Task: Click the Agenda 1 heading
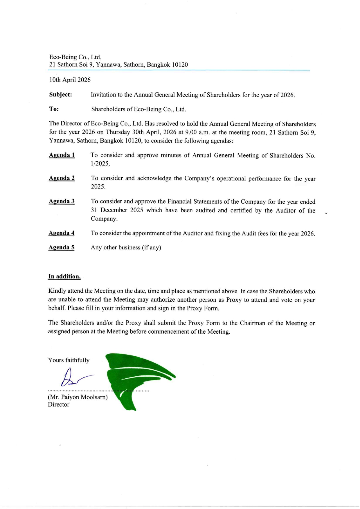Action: (x=62, y=155)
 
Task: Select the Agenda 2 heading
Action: (x=62, y=178)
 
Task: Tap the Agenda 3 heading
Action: (x=62, y=201)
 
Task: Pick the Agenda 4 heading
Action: (x=61, y=233)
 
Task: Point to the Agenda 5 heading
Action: (x=61, y=247)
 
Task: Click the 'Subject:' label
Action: (x=60, y=95)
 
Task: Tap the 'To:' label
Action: (x=54, y=109)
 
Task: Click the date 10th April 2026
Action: (x=70, y=80)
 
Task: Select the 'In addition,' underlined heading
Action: (x=64, y=276)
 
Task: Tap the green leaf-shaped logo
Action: (x=136, y=377)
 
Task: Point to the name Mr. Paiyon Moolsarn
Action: (x=78, y=397)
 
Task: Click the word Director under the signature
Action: (x=59, y=404)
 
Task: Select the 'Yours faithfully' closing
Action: (x=69, y=360)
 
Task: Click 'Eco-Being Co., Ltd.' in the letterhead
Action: (x=75, y=57)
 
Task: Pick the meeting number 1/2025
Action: (x=100, y=164)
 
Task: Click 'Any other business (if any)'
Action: (x=126, y=247)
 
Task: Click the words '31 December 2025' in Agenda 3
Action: (x=117, y=210)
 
